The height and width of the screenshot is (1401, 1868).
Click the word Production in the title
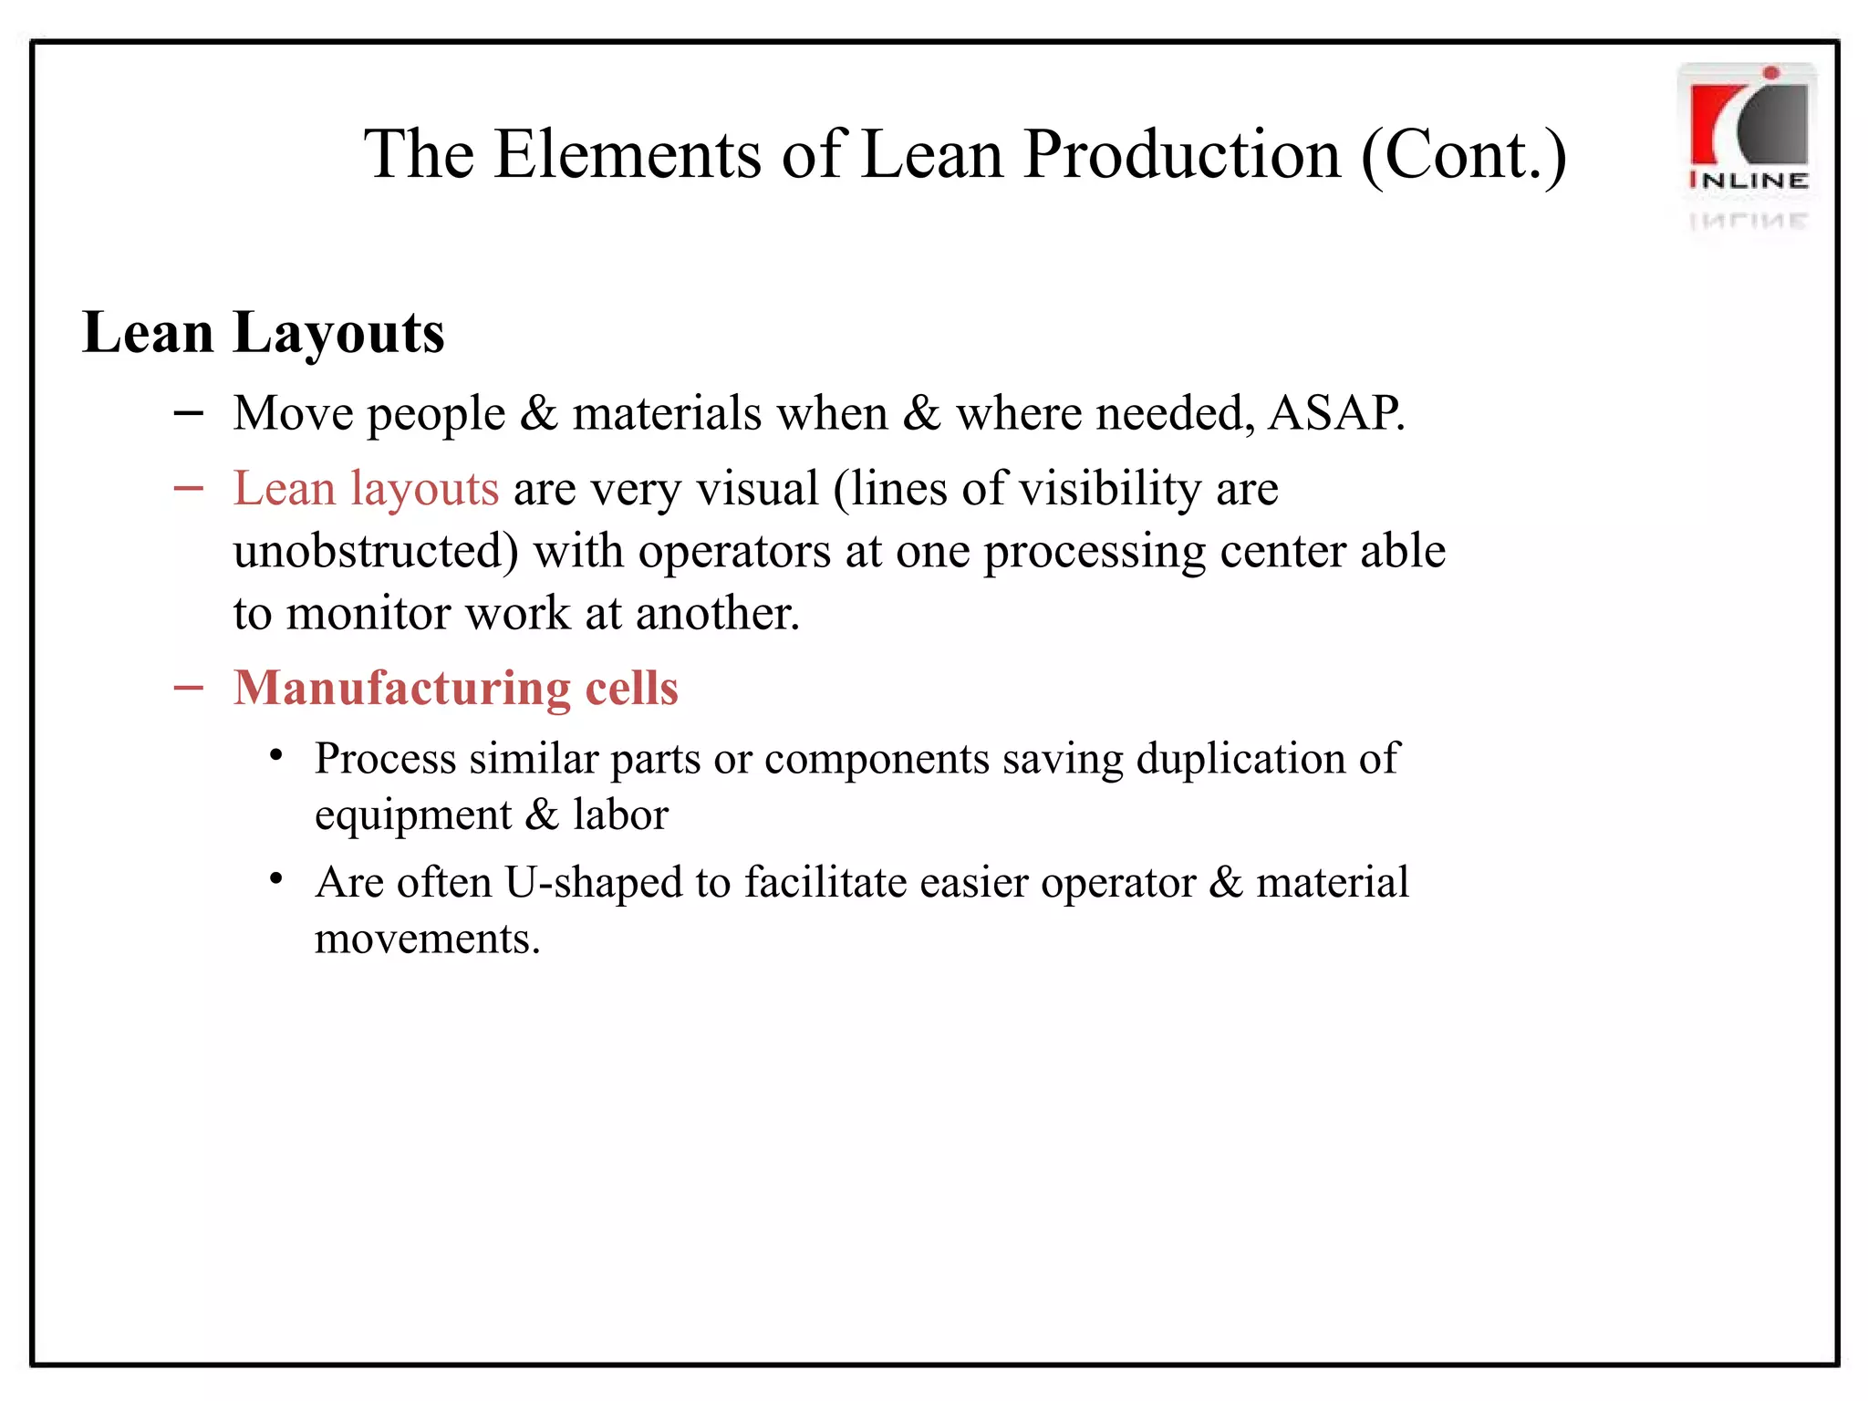pos(1182,154)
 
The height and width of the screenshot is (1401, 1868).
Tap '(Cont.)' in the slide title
pos(1463,156)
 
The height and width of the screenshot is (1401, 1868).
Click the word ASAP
pos(1336,413)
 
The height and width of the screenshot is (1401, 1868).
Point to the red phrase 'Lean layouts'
pos(366,489)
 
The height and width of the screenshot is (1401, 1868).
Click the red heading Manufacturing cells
pos(455,688)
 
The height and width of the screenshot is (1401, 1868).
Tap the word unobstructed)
pos(376,551)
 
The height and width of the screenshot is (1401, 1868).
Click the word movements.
pos(427,939)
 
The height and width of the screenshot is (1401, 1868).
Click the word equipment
pos(412,815)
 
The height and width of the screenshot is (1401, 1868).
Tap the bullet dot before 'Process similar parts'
pos(276,755)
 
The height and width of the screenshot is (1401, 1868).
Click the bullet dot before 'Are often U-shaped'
pos(276,879)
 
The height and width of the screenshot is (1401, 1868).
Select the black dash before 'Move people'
pos(188,414)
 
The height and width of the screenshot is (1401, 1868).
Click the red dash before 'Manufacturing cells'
pos(188,688)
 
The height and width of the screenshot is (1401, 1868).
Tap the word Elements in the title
pos(628,154)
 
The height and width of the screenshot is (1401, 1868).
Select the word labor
pos(620,815)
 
